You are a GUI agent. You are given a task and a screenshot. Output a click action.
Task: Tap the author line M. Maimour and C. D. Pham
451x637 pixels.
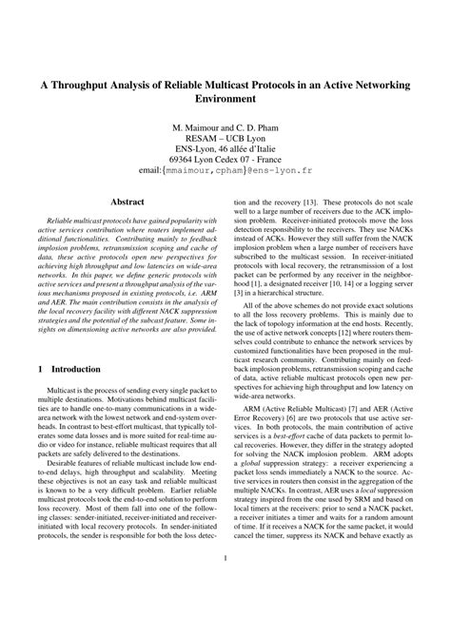click(225, 126)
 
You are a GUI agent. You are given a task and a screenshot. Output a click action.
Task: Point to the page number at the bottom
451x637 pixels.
click(225, 613)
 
